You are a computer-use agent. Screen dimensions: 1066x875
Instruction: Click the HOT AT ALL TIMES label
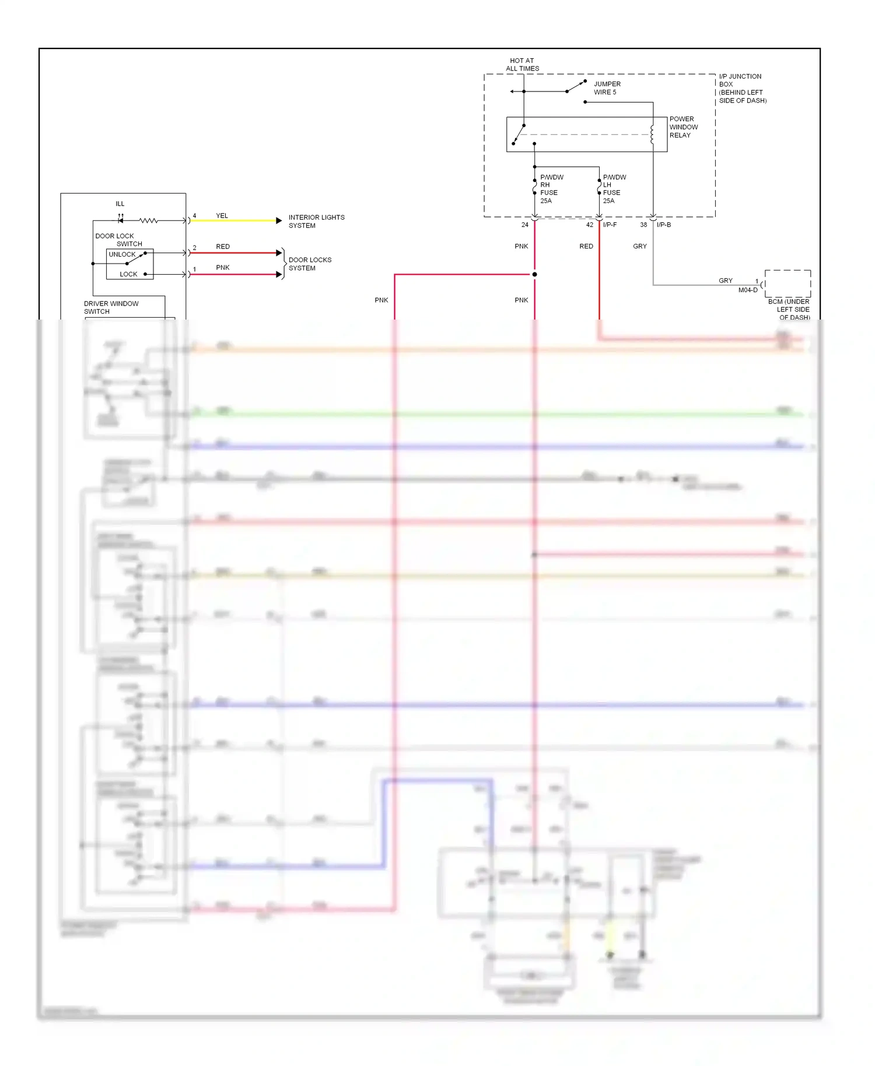pyautogui.click(x=522, y=64)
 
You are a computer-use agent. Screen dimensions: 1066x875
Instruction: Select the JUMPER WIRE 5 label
pyautogui.click(x=607, y=88)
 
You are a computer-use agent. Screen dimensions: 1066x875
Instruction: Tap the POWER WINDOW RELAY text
pyautogui.click(x=683, y=127)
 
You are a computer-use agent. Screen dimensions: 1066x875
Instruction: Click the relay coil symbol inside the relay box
pyautogui.click(x=652, y=134)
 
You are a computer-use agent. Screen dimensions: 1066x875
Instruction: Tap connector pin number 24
pyautogui.click(x=524, y=225)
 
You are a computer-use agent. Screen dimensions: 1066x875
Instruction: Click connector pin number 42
pyautogui.click(x=589, y=225)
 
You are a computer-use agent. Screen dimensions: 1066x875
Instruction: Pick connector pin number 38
pyautogui.click(x=643, y=225)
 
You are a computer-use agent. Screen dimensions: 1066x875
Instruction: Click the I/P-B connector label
pyautogui.click(x=664, y=225)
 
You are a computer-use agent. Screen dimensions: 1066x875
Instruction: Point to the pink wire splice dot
pyautogui.click(x=534, y=274)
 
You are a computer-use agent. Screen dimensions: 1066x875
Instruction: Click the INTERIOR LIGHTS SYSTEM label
pyautogui.click(x=316, y=221)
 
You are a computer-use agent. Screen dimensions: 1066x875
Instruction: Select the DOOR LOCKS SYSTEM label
pyautogui.click(x=310, y=264)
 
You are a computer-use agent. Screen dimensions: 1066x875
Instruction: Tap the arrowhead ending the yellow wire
pyautogui.click(x=279, y=220)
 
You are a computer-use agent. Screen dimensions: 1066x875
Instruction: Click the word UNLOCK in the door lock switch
pyautogui.click(x=122, y=254)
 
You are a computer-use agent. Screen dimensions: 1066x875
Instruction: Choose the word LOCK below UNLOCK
pyautogui.click(x=128, y=274)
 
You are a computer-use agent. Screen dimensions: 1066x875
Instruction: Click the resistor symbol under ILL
pyautogui.click(x=148, y=220)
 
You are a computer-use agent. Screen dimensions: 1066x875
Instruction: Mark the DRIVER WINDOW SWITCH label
pyautogui.click(x=111, y=307)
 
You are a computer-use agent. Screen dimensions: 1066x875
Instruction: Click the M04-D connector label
pyautogui.click(x=748, y=290)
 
